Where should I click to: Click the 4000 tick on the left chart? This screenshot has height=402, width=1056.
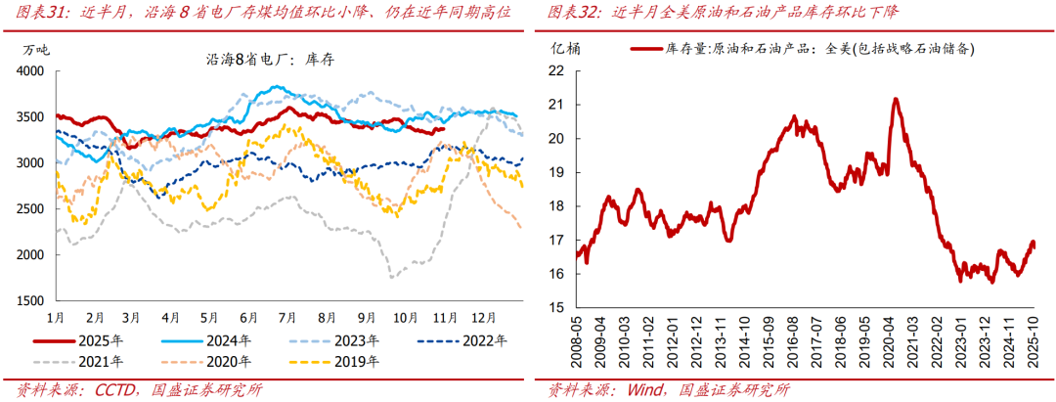(x=31, y=71)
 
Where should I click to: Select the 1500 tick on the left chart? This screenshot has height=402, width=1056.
(x=31, y=300)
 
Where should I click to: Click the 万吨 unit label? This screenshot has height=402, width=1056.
(x=35, y=50)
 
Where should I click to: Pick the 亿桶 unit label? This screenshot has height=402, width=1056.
(x=564, y=48)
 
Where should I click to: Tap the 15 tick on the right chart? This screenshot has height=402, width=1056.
(x=555, y=307)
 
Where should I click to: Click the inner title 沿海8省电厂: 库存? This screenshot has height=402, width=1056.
(x=270, y=61)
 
